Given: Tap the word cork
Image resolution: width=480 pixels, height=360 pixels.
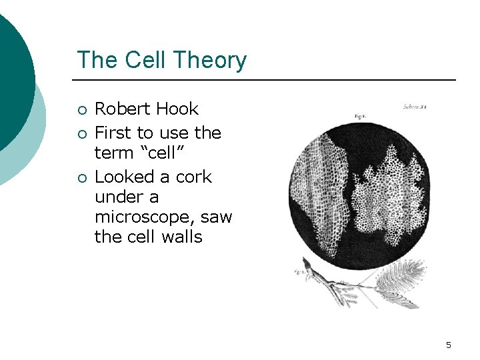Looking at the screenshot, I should coord(194,177).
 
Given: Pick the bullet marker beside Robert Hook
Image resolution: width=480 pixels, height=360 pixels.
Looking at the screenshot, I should coord(81,110).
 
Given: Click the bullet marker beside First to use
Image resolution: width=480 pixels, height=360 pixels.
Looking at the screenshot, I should coord(81,134).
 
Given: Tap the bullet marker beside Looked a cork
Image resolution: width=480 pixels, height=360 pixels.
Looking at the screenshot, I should coord(81,178).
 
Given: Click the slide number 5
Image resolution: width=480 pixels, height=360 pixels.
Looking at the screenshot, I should coord(449,345).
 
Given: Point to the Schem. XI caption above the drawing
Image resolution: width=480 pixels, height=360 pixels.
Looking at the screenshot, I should coord(415,106).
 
